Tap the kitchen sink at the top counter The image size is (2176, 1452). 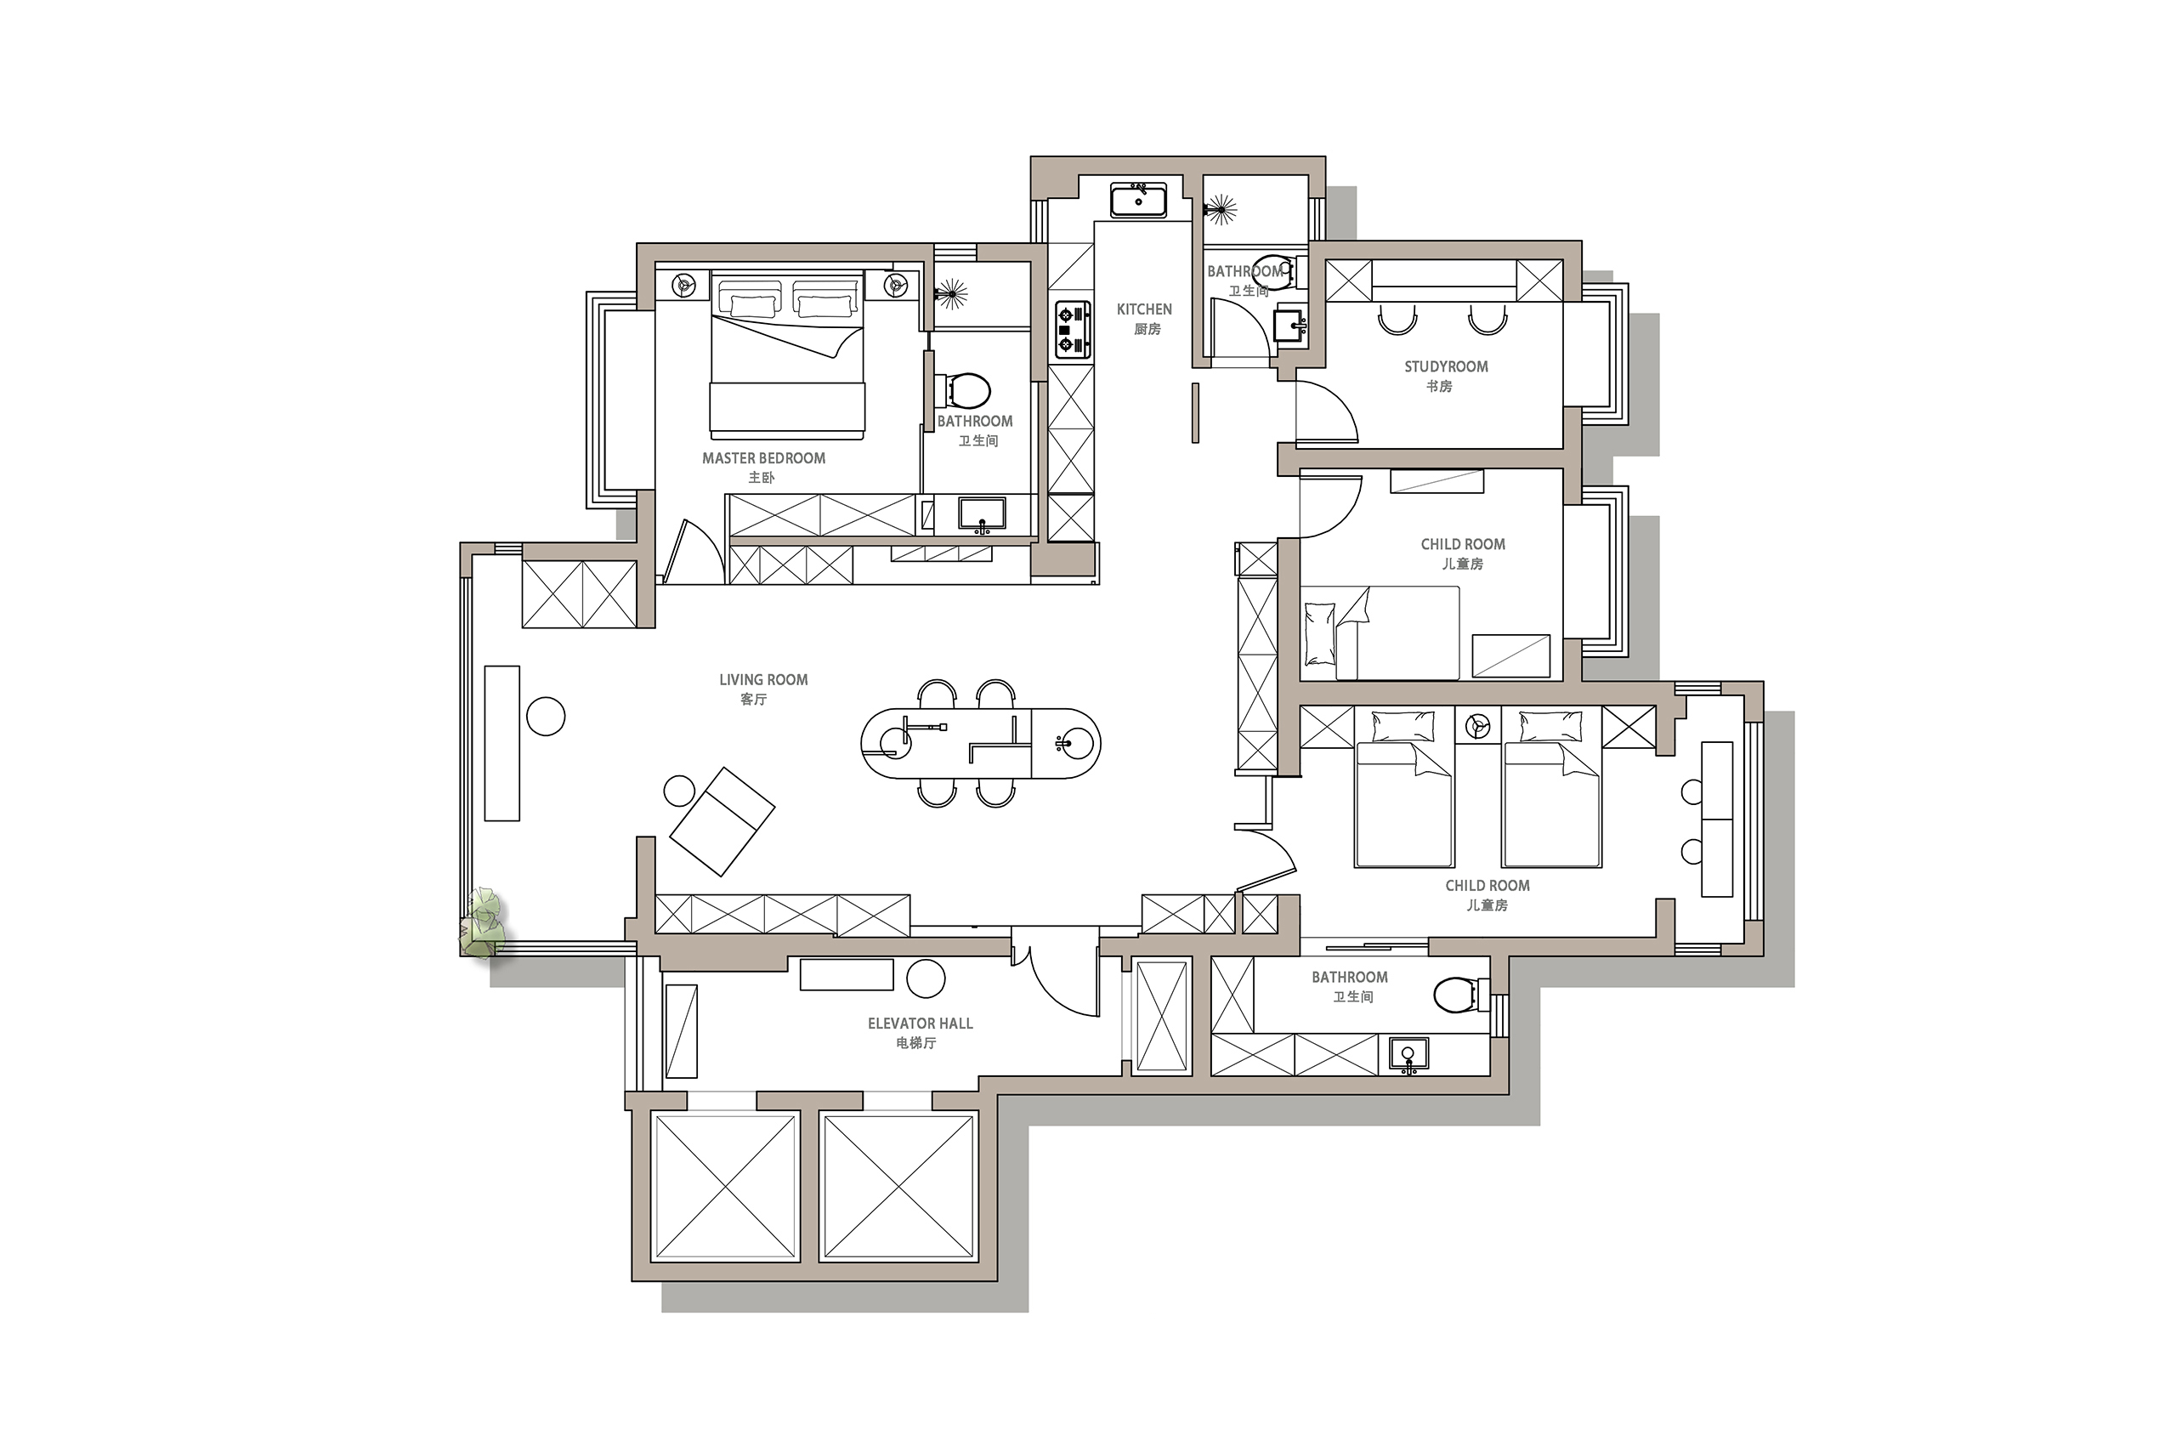(1138, 199)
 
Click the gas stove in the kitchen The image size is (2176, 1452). (1072, 330)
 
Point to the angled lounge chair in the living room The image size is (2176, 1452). (722, 821)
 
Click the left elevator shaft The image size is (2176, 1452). (725, 1187)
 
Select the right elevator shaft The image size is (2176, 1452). (898, 1187)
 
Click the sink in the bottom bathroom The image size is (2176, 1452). (1408, 1054)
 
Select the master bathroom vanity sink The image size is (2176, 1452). (982, 514)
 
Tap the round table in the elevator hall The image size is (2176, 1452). (925, 978)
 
